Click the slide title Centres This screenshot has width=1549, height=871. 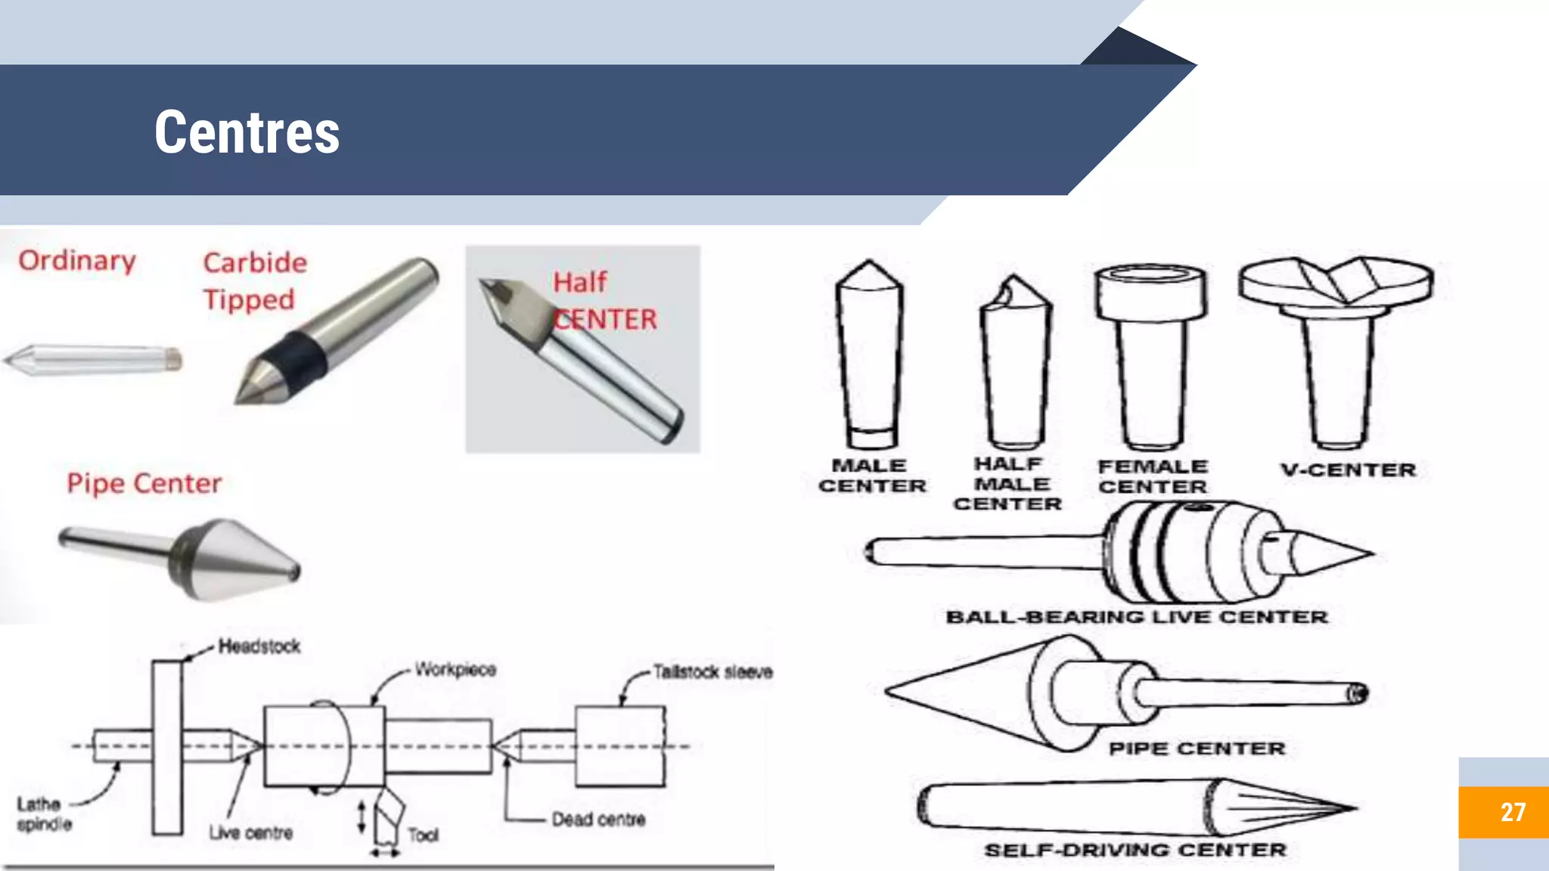247,132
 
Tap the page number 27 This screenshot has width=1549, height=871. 1512,812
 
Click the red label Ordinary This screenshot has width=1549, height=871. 77,261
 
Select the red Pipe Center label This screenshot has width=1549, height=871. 144,483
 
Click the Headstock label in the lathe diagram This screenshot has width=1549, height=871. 259,646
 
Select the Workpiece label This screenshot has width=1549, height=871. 455,670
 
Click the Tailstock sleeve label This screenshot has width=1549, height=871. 712,671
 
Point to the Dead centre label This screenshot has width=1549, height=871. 598,820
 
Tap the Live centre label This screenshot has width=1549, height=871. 250,833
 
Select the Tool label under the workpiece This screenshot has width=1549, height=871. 423,835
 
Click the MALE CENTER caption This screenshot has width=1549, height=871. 871,476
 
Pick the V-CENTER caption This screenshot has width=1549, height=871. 1348,470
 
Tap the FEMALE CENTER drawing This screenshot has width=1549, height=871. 1151,355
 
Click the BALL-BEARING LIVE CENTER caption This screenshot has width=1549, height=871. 1136,617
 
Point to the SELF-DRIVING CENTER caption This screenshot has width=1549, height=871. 1135,850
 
